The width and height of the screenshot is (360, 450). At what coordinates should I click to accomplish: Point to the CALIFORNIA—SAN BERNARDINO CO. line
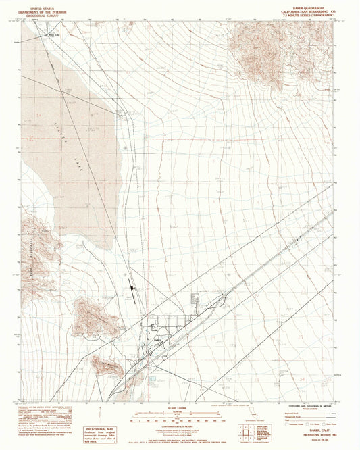coord(311,10)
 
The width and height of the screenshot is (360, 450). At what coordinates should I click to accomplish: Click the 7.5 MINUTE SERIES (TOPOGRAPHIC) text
coord(311,14)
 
